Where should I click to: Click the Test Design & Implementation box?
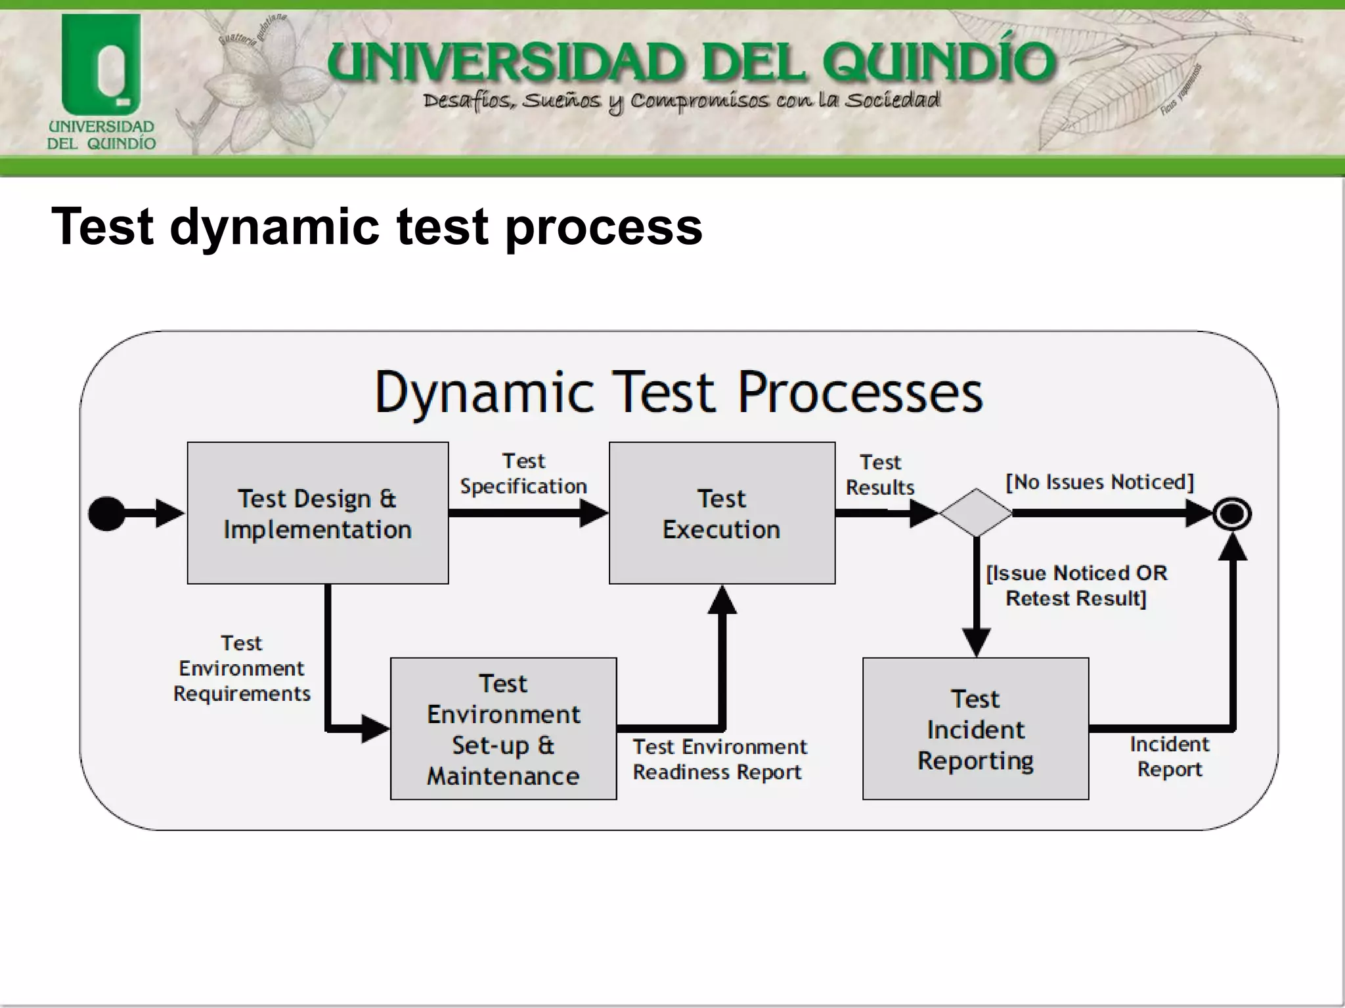[x=318, y=513]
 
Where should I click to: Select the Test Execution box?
[x=722, y=513]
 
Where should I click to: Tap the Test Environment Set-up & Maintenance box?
[x=503, y=728]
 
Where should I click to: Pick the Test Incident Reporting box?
[x=975, y=728]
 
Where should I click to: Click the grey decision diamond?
[x=976, y=513]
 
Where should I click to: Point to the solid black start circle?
[x=106, y=513]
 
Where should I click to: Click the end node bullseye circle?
[x=1232, y=514]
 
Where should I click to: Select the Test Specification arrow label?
[x=523, y=474]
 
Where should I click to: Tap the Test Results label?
[x=880, y=475]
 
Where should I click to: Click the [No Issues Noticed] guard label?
[x=1099, y=482]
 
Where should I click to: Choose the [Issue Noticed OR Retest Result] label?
[x=1076, y=585]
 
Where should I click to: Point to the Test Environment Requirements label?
[x=242, y=668]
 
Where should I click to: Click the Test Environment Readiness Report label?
[x=719, y=759]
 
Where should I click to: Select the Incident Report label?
[x=1170, y=757]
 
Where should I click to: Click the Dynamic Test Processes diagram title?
[x=678, y=393]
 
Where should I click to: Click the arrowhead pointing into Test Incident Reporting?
[x=976, y=642]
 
